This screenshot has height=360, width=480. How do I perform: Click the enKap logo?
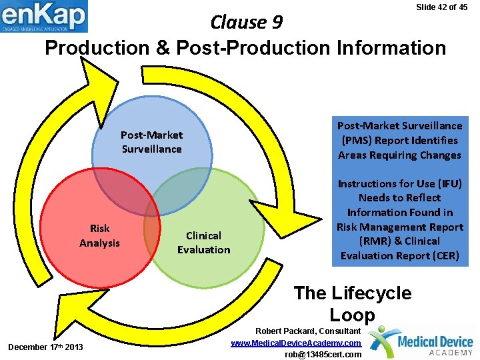(44, 17)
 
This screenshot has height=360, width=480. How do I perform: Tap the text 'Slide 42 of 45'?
(441, 7)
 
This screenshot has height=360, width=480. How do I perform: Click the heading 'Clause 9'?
(247, 23)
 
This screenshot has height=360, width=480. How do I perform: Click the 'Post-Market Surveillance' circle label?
(151, 142)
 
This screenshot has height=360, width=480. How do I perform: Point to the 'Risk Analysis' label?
(99, 235)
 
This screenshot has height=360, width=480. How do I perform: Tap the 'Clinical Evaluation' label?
(203, 243)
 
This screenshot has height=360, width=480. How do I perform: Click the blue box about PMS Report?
(399, 140)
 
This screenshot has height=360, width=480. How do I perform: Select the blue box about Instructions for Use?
(399, 219)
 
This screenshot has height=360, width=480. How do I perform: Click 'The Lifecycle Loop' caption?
(353, 303)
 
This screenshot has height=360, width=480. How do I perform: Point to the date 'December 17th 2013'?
(45, 347)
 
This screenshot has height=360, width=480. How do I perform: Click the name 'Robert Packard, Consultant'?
(307, 331)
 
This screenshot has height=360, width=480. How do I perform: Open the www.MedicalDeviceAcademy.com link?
(296, 343)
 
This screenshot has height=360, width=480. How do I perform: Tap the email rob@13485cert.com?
(323, 354)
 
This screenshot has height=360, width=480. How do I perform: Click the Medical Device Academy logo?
(421, 342)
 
